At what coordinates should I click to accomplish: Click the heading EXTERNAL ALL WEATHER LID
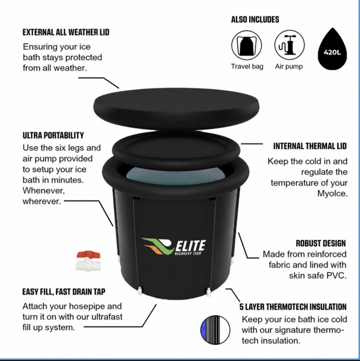coord(66,32)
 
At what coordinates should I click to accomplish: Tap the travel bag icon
coord(247,45)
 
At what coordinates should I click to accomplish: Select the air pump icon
coord(289,45)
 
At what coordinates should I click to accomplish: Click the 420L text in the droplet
coord(332,53)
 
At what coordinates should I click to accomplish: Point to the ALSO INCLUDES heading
coord(255,20)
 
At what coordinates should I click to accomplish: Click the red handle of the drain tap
coord(88,255)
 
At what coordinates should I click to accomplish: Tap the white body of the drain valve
coord(88,265)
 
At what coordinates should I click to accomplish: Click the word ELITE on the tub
coord(191,245)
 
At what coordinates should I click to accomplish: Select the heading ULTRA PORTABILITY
coord(53,135)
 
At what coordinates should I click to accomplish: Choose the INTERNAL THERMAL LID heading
coord(310,146)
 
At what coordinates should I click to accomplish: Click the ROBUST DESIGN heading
coord(321,243)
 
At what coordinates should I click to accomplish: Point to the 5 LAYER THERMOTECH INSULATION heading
coord(293,307)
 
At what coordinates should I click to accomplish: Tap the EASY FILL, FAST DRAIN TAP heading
coord(64,292)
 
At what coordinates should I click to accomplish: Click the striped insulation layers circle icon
coord(215,330)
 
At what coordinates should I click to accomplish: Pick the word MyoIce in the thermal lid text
coord(332,193)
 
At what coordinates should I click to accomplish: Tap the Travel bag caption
coord(247,66)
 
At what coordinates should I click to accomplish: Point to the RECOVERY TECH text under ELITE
coord(188,254)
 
